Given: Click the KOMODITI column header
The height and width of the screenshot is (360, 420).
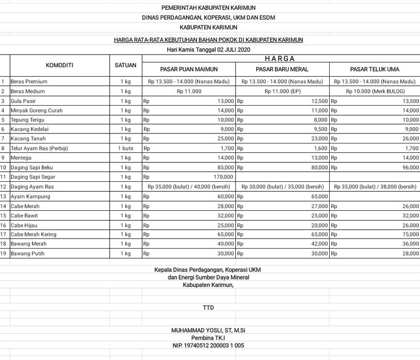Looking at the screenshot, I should coord(59,65).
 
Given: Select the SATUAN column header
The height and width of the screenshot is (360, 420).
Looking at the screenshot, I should coord(125,65).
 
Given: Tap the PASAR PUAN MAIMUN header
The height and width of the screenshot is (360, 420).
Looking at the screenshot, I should coord(188,69).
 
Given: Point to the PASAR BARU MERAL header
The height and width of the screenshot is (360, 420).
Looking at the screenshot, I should coord(282,69).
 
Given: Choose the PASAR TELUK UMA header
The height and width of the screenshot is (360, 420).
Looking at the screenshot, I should coord(374,69).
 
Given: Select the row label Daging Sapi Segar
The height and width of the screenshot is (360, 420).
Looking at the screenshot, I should coord(33,177).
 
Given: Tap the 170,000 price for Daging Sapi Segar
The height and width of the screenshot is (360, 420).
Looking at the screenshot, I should coord(223,177).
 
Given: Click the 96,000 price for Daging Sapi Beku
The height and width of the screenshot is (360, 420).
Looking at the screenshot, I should coord(410,168).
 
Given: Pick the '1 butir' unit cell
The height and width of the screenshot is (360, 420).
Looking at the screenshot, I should coord(125,148).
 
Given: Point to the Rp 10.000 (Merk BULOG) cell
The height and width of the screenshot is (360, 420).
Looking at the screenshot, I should coord(374,91).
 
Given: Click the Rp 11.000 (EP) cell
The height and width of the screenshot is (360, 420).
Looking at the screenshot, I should coord(282,91).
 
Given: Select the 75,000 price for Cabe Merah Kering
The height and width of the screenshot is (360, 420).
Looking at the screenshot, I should coord(410,234).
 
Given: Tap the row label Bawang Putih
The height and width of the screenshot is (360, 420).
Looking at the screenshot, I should coord(27,253).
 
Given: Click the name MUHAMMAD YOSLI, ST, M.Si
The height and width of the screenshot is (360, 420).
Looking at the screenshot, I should coord(208,330).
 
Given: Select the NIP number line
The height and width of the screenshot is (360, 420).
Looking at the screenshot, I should coord(208,346).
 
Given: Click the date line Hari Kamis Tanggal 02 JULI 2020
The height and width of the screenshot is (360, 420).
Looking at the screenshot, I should coord(208,49).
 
